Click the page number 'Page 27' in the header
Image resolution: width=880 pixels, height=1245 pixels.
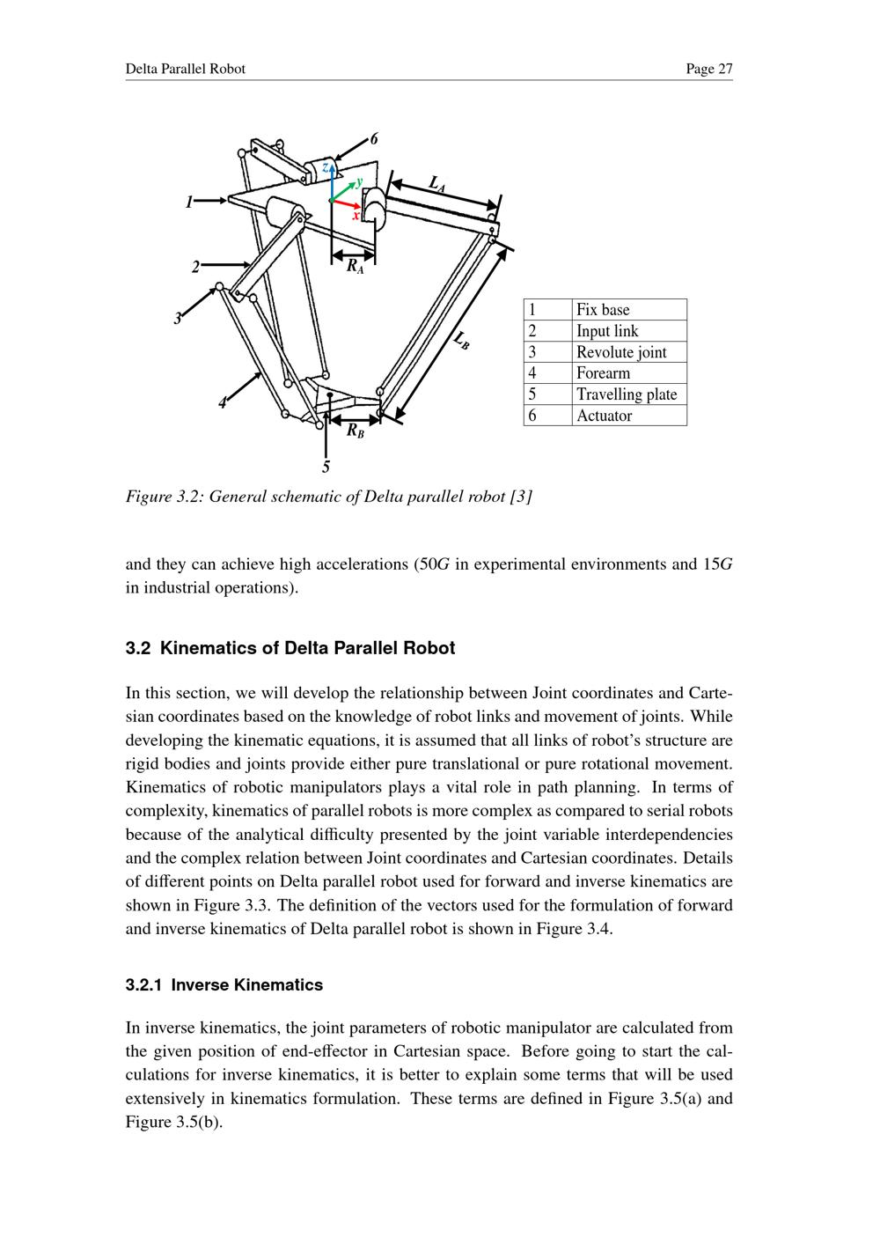(709, 69)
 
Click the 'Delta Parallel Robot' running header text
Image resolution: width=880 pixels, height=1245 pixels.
(186, 69)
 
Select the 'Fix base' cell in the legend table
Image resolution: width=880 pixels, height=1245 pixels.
(628, 309)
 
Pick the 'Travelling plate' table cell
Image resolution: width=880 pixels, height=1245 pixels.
(628, 394)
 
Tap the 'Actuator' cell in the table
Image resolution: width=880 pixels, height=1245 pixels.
(628, 416)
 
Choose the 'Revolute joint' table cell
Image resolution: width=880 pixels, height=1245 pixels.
(628, 352)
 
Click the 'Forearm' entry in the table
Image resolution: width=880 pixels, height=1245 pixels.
(628, 373)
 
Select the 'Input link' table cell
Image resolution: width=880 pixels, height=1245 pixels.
(628, 331)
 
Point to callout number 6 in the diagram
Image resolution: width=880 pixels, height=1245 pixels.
(374, 139)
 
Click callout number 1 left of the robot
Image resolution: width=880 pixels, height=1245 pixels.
(189, 203)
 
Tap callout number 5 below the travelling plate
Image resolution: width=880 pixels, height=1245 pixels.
(326, 466)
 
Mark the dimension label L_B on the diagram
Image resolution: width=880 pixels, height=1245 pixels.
(462, 340)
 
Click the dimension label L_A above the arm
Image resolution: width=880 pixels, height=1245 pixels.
(437, 183)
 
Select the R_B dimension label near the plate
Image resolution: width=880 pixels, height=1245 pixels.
(355, 431)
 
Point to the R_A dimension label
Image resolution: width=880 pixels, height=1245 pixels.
(354, 265)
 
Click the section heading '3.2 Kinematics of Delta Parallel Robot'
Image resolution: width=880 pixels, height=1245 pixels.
(290, 649)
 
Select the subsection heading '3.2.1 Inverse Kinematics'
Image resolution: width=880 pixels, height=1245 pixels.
(224, 985)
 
